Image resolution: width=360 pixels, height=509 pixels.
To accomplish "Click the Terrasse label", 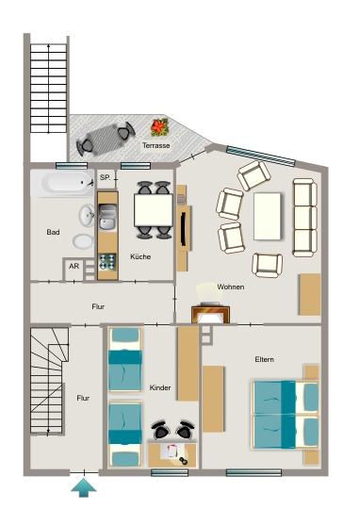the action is pyautogui.click(x=156, y=145).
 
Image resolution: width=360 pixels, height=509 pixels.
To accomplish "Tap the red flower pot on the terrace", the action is pyautogui.click(x=159, y=127).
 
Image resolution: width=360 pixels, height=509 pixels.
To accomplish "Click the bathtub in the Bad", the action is pyautogui.click(x=62, y=183).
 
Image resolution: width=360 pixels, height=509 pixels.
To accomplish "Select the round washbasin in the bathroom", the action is pyautogui.click(x=87, y=215).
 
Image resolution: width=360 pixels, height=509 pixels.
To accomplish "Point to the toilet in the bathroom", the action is pyautogui.click(x=84, y=241).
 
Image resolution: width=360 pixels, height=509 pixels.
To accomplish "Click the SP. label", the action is pyautogui.click(x=105, y=177).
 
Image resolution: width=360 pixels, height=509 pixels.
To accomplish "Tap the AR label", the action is pyautogui.click(x=74, y=266).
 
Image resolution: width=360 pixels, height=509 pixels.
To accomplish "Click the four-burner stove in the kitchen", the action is pyautogui.click(x=107, y=262).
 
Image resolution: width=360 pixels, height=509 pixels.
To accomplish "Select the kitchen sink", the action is pyautogui.click(x=107, y=217).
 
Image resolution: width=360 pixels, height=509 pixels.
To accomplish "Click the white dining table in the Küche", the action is pyautogui.click(x=154, y=210).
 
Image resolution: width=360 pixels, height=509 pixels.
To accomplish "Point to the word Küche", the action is pyautogui.click(x=140, y=256).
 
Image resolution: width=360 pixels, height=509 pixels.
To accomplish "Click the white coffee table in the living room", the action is pyautogui.click(x=267, y=216).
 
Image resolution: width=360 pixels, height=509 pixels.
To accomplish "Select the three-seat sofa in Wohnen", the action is pyautogui.click(x=304, y=218).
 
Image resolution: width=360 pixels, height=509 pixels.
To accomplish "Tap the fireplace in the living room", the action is pyautogui.click(x=210, y=313).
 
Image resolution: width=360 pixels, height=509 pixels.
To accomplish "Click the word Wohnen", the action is pyautogui.click(x=231, y=287).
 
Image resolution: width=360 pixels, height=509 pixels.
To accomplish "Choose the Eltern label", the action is pyautogui.click(x=264, y=359).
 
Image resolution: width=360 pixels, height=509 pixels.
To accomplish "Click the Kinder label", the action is pyautogui.click(x=160, y=387).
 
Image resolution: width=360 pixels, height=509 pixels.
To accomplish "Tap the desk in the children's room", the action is pyautogui.click(x=172, y=455).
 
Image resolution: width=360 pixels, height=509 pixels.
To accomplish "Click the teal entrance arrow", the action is pyautogui.click(x=84, y=487).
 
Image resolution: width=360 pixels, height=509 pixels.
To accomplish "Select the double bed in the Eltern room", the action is pyautogui.click(x=286, y=415).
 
